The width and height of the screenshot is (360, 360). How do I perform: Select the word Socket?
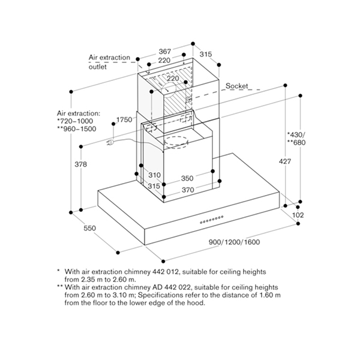click(x=236, y=86)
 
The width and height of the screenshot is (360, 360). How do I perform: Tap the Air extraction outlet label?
click(x=109, y=62)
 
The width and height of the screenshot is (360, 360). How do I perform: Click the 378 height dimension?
click(x=88, y=164)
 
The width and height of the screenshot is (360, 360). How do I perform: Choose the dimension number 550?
click(x=90, y=229)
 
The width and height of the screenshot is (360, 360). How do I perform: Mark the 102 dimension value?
click(x=298, y=215)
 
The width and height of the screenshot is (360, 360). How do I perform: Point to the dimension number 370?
click(x=188, y=190)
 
